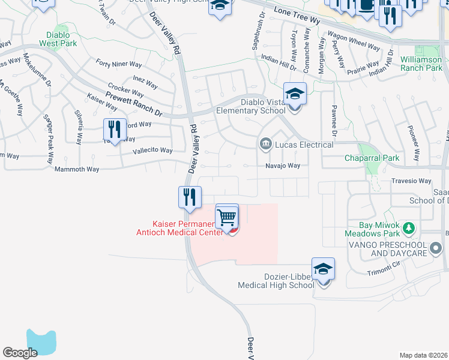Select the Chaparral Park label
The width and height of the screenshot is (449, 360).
[x=372, y=158]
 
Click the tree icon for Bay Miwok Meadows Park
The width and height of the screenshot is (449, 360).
[x=409, y=228]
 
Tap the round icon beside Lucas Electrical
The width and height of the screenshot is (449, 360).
[x=265, y=144]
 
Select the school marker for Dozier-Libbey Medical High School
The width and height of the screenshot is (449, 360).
[x=323, y=271]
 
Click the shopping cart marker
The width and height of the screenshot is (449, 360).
[x=227, y=217]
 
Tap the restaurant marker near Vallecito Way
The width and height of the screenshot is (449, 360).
[x=112, y=130]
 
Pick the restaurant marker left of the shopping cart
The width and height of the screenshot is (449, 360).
[x=189, y=197]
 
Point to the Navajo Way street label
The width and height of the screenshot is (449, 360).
[x=283, y=166]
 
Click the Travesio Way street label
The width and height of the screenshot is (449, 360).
[x=411, y=181]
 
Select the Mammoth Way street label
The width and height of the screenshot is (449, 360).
[x=77, y=169]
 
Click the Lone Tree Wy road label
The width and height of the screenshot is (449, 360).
[x=297, y=16]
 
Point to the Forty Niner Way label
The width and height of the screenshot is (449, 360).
[x=119, y=63]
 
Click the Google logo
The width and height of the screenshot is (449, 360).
[x=20, y=353]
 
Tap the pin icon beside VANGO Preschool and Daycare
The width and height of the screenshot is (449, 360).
[x=436, y=247]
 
